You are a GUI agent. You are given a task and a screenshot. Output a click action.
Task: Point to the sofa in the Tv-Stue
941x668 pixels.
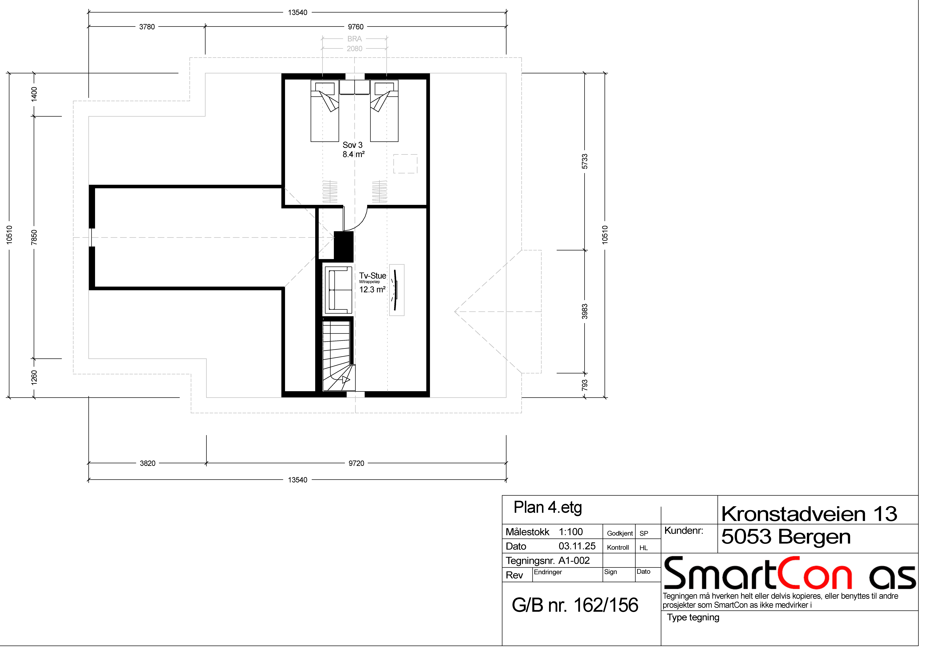338,290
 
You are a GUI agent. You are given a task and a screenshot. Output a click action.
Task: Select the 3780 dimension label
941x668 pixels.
147,27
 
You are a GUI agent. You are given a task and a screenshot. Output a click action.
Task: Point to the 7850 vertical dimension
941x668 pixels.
34,237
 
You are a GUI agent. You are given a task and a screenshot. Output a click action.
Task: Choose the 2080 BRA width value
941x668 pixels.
354,49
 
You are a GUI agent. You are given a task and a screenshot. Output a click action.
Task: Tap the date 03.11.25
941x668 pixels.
577,546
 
